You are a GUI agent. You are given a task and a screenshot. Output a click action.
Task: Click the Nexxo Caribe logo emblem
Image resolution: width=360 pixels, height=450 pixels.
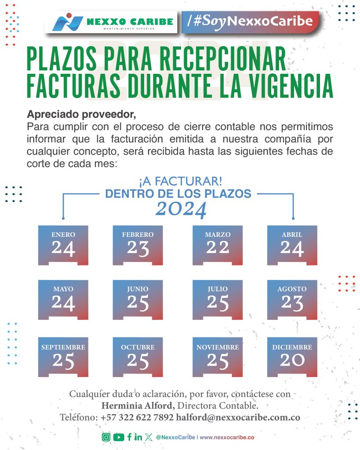[x=67, y=22]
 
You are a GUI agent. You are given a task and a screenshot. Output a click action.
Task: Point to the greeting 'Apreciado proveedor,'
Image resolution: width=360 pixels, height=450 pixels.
[x=81, y=115]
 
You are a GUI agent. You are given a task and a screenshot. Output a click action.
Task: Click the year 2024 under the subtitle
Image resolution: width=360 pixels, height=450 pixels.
[x=181, y=210]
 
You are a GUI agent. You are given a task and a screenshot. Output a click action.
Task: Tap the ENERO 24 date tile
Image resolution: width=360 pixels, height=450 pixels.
[x=63, y=245]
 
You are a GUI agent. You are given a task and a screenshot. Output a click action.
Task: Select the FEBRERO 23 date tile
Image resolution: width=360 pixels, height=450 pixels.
[x=138, y=245]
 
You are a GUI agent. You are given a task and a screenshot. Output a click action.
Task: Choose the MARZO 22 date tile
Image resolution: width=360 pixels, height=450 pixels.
[x=218, y=245]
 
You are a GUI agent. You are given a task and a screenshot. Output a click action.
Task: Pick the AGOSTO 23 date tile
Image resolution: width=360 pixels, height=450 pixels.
[x=292, y=300]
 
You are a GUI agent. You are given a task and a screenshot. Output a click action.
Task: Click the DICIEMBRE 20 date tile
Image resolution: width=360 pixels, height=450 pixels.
[x=292, y=357]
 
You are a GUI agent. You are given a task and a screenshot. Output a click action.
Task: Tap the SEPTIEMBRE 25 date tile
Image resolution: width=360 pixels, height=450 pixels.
[x=63, y=357]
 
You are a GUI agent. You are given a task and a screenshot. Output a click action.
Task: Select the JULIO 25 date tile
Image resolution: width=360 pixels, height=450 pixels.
[x=218, y=300]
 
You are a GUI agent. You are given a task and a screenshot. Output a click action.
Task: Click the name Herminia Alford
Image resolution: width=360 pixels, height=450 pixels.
[x=138, y=405]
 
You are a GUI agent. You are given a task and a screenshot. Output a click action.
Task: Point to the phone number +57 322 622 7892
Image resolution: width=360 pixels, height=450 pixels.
[x=137, y=417]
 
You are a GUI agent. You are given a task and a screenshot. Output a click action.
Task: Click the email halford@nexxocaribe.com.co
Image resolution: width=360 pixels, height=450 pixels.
[x=238, y=417]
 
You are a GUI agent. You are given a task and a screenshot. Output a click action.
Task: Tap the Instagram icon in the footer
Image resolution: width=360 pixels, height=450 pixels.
[x=106, y=437]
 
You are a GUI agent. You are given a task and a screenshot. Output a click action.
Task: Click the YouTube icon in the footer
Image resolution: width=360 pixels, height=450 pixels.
[x=118, y=437]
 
